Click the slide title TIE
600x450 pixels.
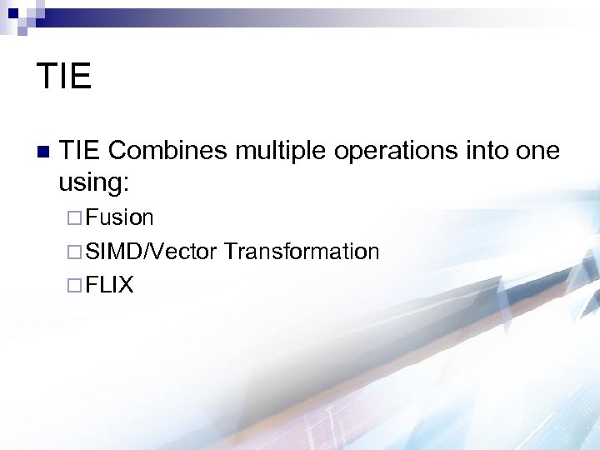(x=63, y=76)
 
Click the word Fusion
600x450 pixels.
(x=119, y=218)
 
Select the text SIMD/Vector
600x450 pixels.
(x=151, y=252)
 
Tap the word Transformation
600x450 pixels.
(x=301, y=252)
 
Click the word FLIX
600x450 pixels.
(x=109, y=285)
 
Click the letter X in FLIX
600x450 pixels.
(x=126, y=285)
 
